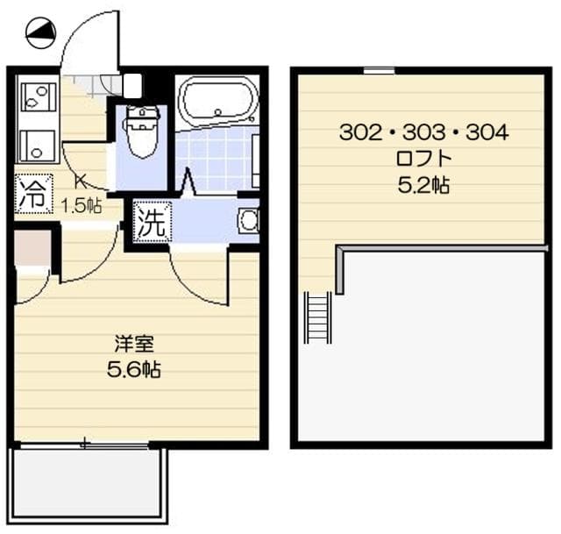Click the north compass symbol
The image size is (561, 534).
pyautogui.click(x=40, y=34)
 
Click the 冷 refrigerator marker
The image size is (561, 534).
pyautogui.click(x=33, y=194)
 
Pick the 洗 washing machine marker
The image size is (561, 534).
pyautogui.click(x=150, y=223)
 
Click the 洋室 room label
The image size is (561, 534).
pyautogui.click(x=133, y=344)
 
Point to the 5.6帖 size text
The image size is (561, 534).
pyautogui.click(x=133, y=369)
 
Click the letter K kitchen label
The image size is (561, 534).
pyautogui.click(x=79, y=182)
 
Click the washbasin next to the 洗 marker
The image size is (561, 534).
pyautogui.click(x=248, y=221)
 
